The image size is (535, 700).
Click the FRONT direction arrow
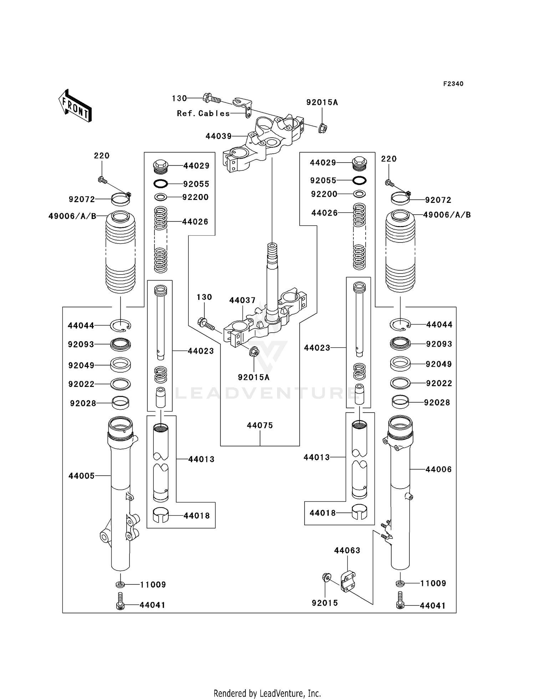tap(75, 106)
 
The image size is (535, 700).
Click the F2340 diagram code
tap(453, 84)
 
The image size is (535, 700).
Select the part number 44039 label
tap(218, 136)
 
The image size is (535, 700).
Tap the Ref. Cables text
tap(203, 113)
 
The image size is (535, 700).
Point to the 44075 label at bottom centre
tap(260, 425)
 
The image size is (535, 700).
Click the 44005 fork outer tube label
tap(82, 476)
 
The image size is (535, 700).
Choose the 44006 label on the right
tap(438, 470)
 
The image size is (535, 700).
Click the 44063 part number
tap(347, 551)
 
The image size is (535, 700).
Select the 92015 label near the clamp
tap(325, 603)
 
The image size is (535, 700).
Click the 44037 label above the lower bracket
tap(242, 301)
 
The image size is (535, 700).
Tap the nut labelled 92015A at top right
tap(322, 127)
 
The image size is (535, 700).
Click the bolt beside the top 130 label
tap(212, 98)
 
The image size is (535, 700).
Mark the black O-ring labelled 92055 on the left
tap(160, 184)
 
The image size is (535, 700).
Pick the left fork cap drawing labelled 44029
tap(160, 166)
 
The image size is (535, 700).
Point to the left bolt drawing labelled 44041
tap(121, 605)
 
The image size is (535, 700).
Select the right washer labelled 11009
tap(400, 583)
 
